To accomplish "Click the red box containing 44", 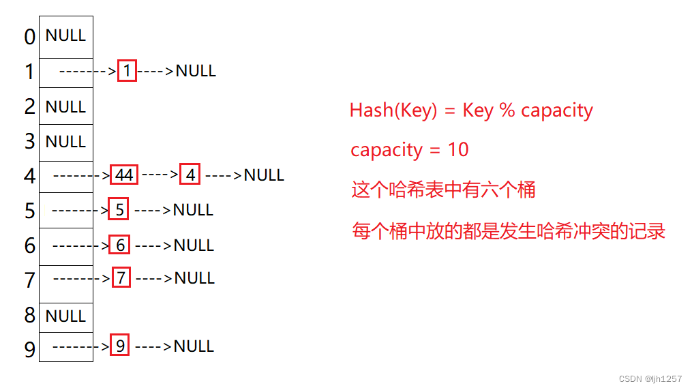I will [x=124, y=175].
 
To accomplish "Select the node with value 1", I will [x=127, y=71].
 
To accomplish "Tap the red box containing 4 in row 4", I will [x=190, y=175].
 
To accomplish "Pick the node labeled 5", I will [x=119, y=210].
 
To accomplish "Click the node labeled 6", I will [x=120, y=245].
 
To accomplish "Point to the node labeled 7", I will [x=121, y=278].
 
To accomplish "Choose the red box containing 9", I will [x=120, y=346].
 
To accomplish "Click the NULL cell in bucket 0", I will [x=65, y=35].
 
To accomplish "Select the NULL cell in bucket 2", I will [x=65, y=107].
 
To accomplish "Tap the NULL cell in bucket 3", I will [x=65, y=142].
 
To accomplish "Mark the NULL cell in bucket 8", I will [x=65, y=316].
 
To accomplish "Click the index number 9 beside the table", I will [x=29, y=350].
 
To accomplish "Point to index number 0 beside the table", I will [x=29, y=37].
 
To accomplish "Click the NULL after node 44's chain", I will [x=264, y=175].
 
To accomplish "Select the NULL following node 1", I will [x=196, y=71].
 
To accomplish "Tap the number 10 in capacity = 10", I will [x=459, y=150].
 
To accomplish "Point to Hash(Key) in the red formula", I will [x=393, y=110].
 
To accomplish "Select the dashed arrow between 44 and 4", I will [x=160, y=175].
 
